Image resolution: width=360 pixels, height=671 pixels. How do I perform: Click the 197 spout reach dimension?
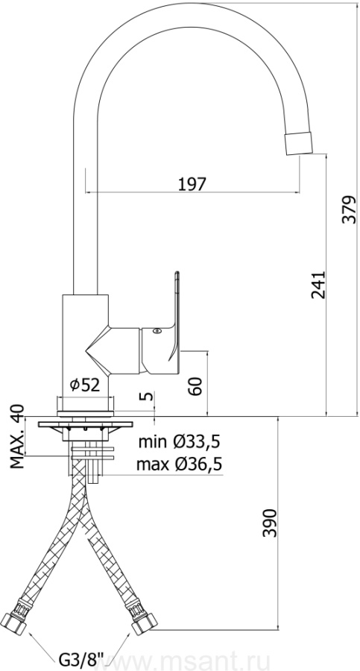(192, 184)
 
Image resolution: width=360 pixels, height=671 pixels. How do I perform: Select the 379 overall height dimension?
(350, 210)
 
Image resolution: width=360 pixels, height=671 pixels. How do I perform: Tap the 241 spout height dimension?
(318, 285)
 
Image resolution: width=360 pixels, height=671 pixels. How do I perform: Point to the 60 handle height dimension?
(195, 386)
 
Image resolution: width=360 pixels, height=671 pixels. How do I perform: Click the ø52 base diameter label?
(85, 385)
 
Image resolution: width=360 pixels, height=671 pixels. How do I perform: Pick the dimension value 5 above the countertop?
(147, 395)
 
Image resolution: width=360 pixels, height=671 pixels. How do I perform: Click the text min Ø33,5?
(180, 441)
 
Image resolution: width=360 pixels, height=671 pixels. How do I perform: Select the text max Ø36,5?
(180, 464)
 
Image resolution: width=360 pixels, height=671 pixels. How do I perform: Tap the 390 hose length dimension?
(270, 523)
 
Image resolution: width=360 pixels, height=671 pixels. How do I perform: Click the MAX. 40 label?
(18, 436)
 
